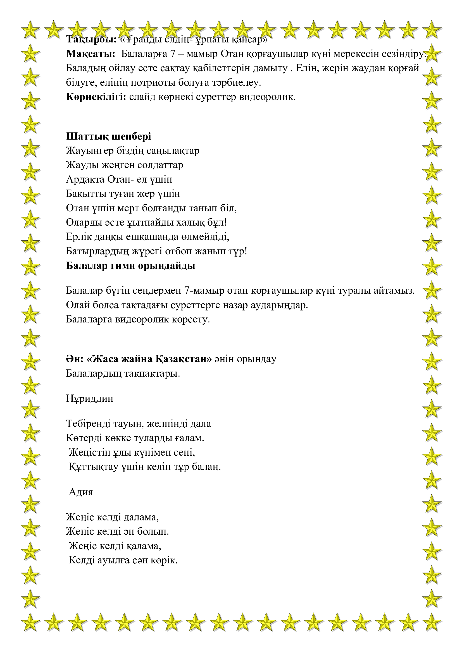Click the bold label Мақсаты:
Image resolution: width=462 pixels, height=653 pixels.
pos(91,54)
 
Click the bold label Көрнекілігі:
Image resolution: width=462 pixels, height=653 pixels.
pos(96,97)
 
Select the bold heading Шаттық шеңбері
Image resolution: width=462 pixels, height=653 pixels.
pos(108,137)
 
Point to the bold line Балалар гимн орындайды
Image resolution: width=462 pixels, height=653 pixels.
pos(130,265)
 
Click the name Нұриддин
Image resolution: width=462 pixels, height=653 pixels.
pos(90,398)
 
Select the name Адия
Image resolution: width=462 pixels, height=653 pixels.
pos(81,492)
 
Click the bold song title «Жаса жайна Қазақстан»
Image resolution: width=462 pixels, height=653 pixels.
pos(149,359)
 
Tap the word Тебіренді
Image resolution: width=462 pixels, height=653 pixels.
pos(88,424)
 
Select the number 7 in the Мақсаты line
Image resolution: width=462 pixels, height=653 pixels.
pos(173,54)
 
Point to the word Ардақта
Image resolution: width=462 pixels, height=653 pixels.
pos(85,180)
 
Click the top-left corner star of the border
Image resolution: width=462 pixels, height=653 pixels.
pos(30,30)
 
